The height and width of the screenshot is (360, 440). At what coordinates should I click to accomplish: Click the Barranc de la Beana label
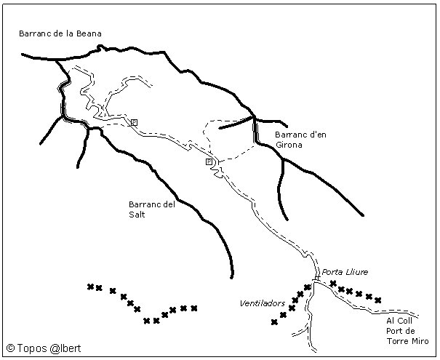pos(60,33)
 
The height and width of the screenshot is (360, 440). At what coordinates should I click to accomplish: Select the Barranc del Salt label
pos(151,209)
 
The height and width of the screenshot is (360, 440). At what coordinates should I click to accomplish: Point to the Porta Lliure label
pos(345,271)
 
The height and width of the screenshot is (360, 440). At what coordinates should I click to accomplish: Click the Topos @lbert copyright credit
pos(44,348)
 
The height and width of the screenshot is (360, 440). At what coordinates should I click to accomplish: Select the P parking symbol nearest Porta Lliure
pos(209,161)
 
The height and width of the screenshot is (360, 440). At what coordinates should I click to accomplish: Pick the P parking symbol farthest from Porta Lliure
pos(134,122)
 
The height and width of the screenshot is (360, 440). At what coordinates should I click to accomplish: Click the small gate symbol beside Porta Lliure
pos(316,279)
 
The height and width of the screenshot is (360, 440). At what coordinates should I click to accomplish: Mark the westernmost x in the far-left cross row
pos(90,287)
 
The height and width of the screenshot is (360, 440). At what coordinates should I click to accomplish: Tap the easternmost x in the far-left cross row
pos(194,308)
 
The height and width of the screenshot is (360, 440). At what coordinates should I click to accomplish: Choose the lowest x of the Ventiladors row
pos(274,322)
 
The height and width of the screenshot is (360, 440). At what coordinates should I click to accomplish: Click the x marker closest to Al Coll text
pos(378,300)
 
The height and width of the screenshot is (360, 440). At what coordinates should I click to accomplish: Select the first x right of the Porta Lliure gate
pos(333,283)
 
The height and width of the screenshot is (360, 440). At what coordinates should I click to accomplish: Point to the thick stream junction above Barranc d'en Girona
pos(254,118)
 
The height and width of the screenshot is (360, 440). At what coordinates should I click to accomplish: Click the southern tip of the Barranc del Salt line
pos(230,277)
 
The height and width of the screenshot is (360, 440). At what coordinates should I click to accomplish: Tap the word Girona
pos(288,145)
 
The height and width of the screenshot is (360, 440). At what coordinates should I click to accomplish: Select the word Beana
pos(89,33)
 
